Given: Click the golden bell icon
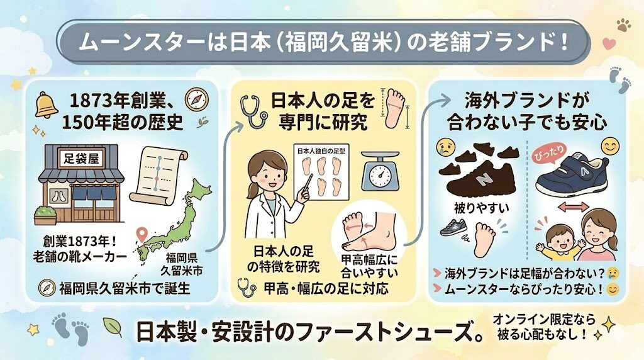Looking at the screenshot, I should [x=47, y=105].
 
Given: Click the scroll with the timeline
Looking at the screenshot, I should [x=162, y=174].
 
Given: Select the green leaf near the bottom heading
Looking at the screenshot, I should [x=111, y=327].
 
